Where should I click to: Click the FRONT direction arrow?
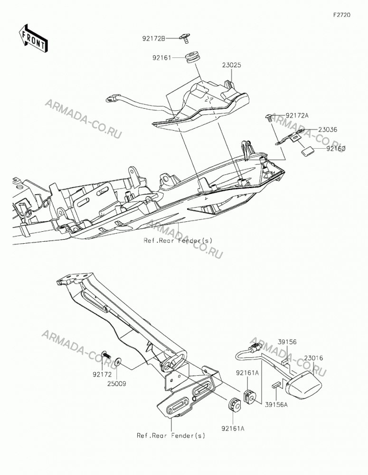point(33,38)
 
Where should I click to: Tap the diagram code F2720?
point(342,15)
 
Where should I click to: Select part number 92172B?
point(154,38)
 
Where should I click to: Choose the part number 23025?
point(231,65)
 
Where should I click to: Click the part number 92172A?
point(297,115)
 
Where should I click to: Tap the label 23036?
point(328,129)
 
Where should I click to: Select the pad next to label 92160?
point(307,151)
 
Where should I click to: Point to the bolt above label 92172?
point(106,353)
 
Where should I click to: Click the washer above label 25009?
point(118,361)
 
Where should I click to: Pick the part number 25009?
point(117,383)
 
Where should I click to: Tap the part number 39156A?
point(276,404)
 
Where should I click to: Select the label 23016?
point(313,358)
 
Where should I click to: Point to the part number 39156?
point(287,342)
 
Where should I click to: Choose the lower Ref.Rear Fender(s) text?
point(171,436)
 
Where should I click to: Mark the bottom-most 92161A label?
point(233,428)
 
